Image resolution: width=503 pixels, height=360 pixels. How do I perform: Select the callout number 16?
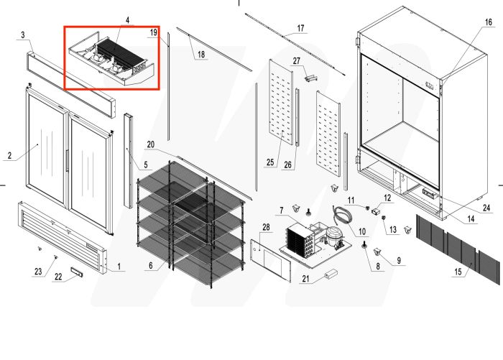tap(488, 22)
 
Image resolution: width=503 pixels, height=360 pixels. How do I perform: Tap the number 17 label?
tap(300, 29)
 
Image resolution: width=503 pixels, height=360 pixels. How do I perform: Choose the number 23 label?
tap(38, 271)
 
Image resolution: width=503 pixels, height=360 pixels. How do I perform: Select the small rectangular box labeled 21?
tap(332, 274)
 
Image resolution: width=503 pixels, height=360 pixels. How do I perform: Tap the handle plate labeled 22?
tap(80, 275)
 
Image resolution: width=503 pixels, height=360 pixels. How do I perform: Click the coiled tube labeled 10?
tap(343, 213)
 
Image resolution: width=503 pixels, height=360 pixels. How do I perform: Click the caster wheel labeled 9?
tap(379, 252)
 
